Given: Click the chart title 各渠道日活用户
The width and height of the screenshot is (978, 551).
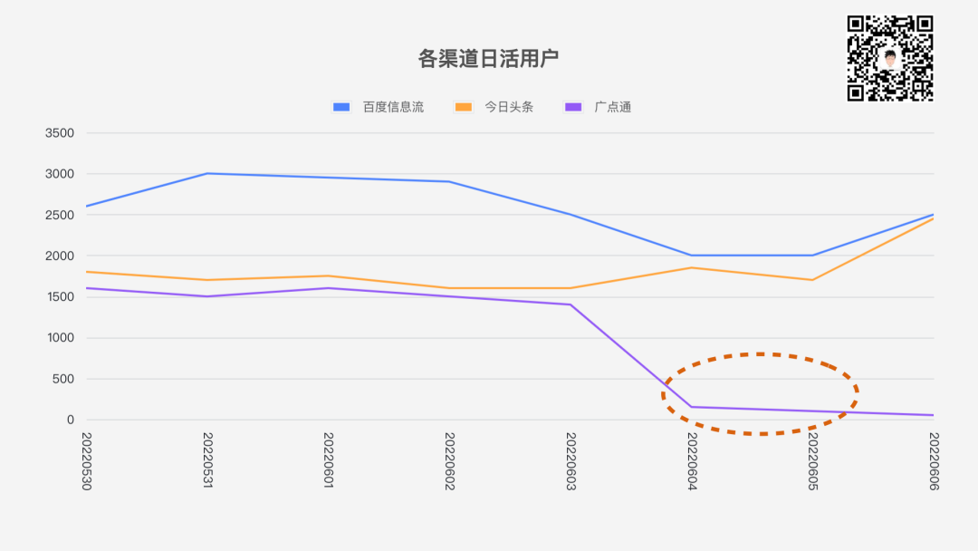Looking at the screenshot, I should point(488,59).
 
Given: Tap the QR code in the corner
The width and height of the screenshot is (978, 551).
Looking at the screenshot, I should point(890,58).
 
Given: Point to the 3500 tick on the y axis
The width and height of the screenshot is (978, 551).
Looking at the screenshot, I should point(60,133).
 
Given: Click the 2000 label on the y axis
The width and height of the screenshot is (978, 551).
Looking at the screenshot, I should point(60,256).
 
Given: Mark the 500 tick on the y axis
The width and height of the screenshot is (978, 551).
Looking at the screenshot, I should point(63,379).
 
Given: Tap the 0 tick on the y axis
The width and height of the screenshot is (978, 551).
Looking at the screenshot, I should point(70,420).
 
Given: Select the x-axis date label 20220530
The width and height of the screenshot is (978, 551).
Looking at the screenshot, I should point(87,461).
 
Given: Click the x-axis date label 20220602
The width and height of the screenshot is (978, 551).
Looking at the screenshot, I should point(449,461).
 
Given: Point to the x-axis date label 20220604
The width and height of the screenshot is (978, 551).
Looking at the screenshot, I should point(692,461).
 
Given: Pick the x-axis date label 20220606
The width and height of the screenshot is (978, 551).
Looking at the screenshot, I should point(934,461).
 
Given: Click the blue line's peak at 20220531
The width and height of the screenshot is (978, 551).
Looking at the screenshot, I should point(207,173).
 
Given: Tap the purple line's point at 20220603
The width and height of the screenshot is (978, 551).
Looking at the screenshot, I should point(570,304).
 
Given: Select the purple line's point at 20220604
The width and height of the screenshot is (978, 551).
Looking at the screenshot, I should point(692,407).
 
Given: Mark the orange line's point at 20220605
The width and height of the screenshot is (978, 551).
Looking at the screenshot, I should point(812,280).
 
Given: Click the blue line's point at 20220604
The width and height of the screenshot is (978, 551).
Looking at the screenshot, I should point(692,256).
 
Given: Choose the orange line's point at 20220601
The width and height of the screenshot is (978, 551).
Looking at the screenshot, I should point(329,275).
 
